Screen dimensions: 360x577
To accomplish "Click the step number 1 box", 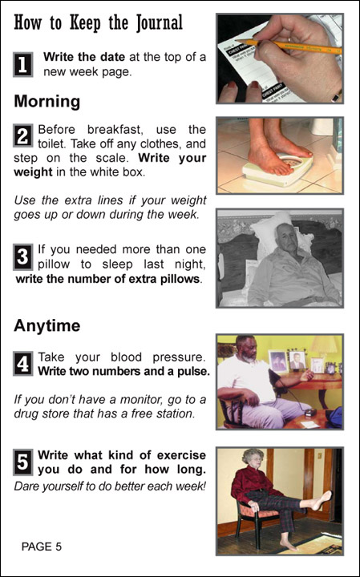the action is (22, 65).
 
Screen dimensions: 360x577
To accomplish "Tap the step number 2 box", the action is (22, 135).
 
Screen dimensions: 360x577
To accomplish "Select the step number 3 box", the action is (22, 256).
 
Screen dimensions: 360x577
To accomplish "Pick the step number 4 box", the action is (22, 364).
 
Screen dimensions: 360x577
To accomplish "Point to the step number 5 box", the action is (22, 462).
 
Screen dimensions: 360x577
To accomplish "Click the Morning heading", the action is (47, 102).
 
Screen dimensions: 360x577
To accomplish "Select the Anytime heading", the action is (47, 326).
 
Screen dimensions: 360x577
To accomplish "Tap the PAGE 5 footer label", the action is (42, 547).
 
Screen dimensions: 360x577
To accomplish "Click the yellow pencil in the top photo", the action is (288, 46).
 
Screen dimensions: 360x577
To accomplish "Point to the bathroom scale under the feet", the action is (278, 170).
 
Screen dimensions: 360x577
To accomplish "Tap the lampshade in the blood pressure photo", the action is (324, 345).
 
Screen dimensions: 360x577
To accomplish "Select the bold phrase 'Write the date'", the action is (84, 58).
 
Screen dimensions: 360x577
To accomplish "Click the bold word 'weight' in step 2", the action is (33, 171).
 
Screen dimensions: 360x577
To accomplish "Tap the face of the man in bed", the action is (285, 239).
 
